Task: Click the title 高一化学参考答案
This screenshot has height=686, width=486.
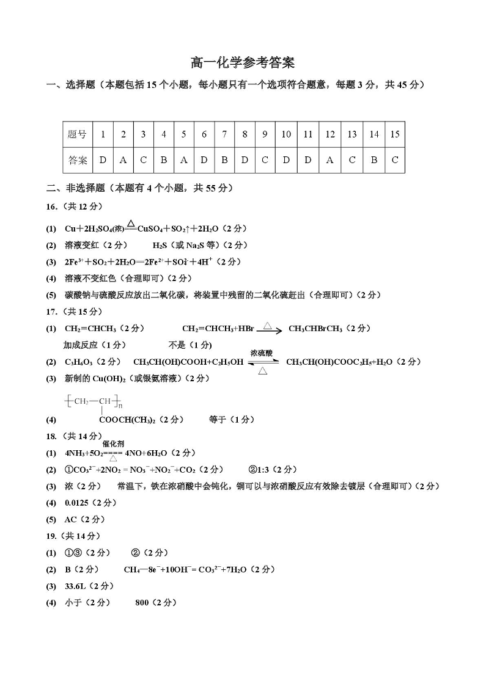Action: (x=243, y=63)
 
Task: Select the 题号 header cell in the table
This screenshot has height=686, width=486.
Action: (x=77, y=134)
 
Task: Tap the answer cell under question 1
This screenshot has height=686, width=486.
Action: (x=103, y=160)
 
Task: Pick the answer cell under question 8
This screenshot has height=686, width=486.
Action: (x=245, y=160)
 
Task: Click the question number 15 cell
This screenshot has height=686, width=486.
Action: (x=394, y=134)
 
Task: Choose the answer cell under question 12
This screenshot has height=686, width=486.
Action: (x=330, y=160)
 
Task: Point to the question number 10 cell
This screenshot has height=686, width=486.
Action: (x=286, y=134)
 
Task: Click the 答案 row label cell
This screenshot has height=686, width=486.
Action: (x=77, y=160)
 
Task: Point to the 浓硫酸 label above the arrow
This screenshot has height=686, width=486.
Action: (x=262, y=353)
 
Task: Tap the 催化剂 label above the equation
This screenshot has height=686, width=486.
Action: (x=113, y=443)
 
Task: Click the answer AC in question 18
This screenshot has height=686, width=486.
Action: (x=71, y=519)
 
